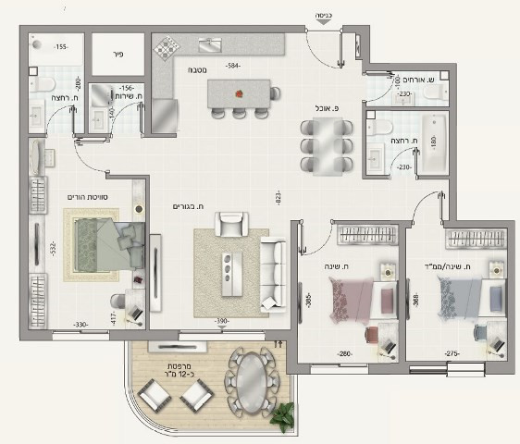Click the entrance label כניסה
coord(324,16)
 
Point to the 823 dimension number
coord(277,196)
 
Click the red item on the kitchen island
coord(240,92)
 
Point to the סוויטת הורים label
coord(87,197)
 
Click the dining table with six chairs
coord(327,146)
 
